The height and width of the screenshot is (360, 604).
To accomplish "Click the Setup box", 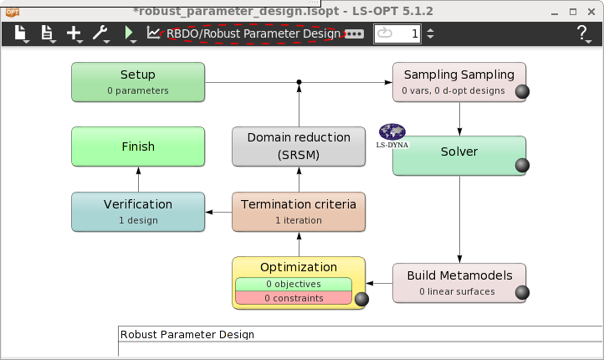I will pyautogui.click(x=138, y=82).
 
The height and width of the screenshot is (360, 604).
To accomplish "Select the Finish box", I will pyautogui.click(x=138, y=147).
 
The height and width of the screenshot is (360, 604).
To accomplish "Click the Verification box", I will pyautogui.click(x=138, y=211).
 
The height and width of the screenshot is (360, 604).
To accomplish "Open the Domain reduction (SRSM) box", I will pyautogui.click(x=299, y=147).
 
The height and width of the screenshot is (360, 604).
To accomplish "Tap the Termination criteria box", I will pyautogui.click(x=299, y=211).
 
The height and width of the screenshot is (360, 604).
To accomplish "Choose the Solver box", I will pyautogui.click(x=459, y=155).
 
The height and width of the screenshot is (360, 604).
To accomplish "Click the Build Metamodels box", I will pyautogui.click(x=459, y=282).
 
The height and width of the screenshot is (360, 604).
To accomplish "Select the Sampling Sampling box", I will pyautogui.click(x=459, y=82).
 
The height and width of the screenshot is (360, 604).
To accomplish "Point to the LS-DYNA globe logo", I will pyautogui.click(x=392, y=132).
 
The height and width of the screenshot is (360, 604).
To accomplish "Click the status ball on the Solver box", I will pyautogui.click(x=522, y=166).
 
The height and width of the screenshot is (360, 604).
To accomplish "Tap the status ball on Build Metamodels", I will pyautogui.click(x=522, y=293).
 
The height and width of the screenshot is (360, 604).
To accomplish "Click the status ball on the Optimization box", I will pyautogui.click(x=361, y=300).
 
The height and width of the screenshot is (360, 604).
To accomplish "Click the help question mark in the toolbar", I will pyautogui.click(x=582, y=33).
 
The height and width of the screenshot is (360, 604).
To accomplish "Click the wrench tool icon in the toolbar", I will pyautogui.click(x=100, y=33).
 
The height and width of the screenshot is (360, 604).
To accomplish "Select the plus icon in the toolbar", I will pyautogui.click(x=74, y=33).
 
